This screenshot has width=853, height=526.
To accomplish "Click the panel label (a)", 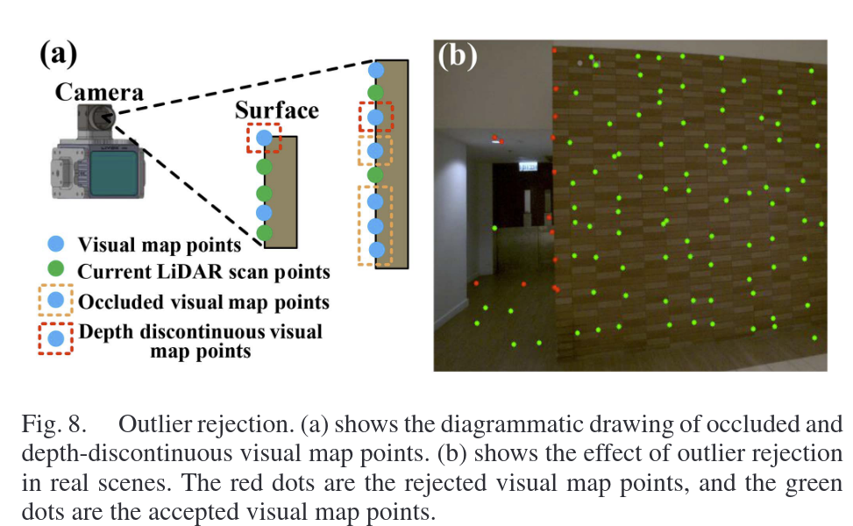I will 59,54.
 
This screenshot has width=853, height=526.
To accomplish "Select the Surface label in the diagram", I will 276,110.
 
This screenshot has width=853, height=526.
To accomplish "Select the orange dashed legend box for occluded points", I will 55,302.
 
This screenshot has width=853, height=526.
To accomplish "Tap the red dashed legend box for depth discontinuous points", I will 55,338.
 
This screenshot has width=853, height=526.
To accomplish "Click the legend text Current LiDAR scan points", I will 203,272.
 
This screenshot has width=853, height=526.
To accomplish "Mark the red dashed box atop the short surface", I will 264,138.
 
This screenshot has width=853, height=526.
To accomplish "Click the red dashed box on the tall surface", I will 376,116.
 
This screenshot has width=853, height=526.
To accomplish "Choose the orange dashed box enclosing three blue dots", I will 375,225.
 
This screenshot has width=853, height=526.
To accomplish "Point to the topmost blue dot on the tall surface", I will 376,69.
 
